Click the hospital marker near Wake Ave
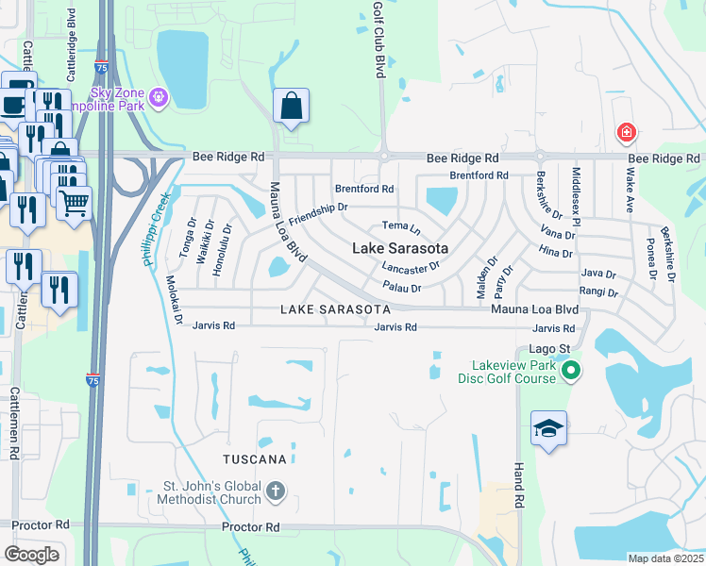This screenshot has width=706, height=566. click(625, 134)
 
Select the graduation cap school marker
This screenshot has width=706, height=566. click(548, 429)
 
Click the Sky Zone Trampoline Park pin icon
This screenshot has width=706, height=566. click(158, 95)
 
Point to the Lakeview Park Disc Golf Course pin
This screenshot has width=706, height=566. click(569, 373)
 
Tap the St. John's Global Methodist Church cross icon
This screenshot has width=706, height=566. click(276, 491)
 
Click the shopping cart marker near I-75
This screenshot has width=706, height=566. click(75, 202)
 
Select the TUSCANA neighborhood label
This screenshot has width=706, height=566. click(254, 459)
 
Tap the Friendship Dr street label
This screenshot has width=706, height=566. click(319, 213)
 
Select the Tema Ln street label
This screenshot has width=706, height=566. click(400, 226)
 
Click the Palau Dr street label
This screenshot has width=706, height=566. click(401, 286)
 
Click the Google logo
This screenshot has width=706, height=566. click(32, 555)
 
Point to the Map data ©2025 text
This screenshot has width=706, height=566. click(665, 558)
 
